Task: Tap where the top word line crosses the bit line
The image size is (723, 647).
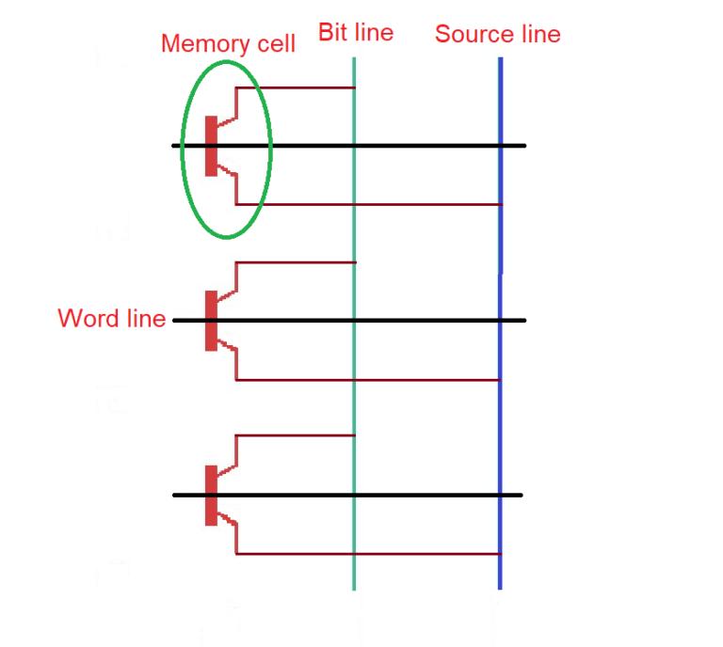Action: [x=354, y=146]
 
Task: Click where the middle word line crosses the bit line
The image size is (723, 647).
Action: [x=354, y=321]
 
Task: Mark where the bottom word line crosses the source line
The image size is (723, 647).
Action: [x=500, y=495]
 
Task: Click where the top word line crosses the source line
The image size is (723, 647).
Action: [x=500, y=146]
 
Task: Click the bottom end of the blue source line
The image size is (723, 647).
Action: [x=500, y=586]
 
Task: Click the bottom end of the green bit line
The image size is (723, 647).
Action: [x=354, y=587]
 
